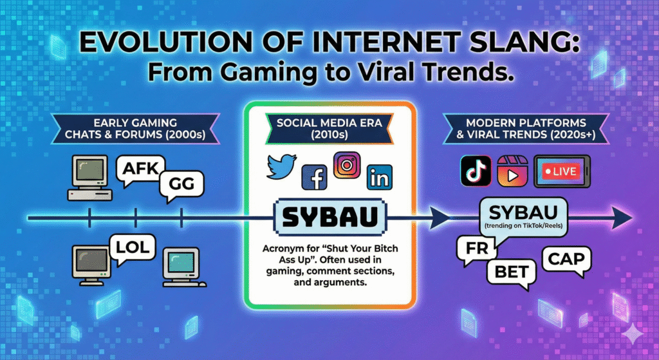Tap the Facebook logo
[314, 177]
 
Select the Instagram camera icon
[347, 165]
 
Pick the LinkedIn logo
[380, 177]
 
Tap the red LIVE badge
[561, 171]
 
